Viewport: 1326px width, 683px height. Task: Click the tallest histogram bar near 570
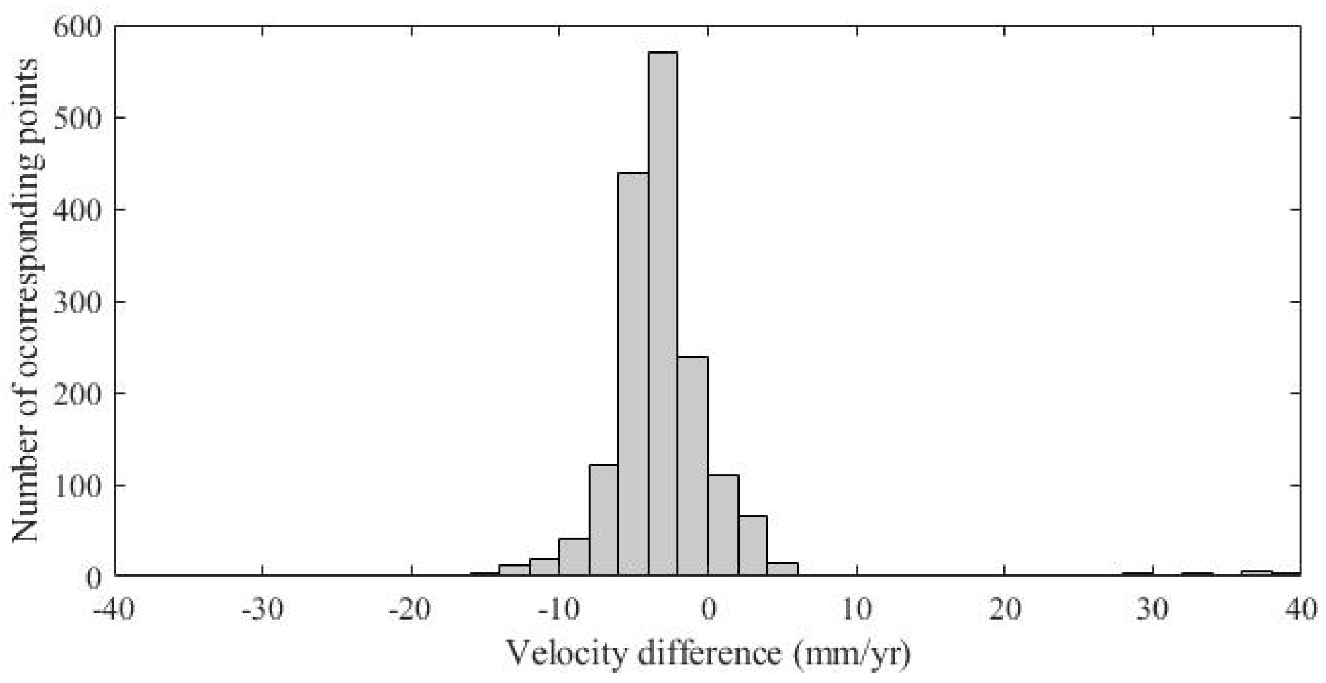663,315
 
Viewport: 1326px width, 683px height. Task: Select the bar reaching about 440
633,375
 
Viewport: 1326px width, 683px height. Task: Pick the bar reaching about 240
693,467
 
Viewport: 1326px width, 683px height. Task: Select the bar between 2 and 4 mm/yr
753,546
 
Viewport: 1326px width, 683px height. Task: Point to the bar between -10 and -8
573,557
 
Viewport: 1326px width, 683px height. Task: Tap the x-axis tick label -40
114,610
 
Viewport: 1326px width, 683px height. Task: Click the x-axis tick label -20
411,610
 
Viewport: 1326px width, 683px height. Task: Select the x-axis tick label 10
856,610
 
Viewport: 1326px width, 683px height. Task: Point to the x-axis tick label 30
1153,610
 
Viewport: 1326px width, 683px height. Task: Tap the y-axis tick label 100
77,486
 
